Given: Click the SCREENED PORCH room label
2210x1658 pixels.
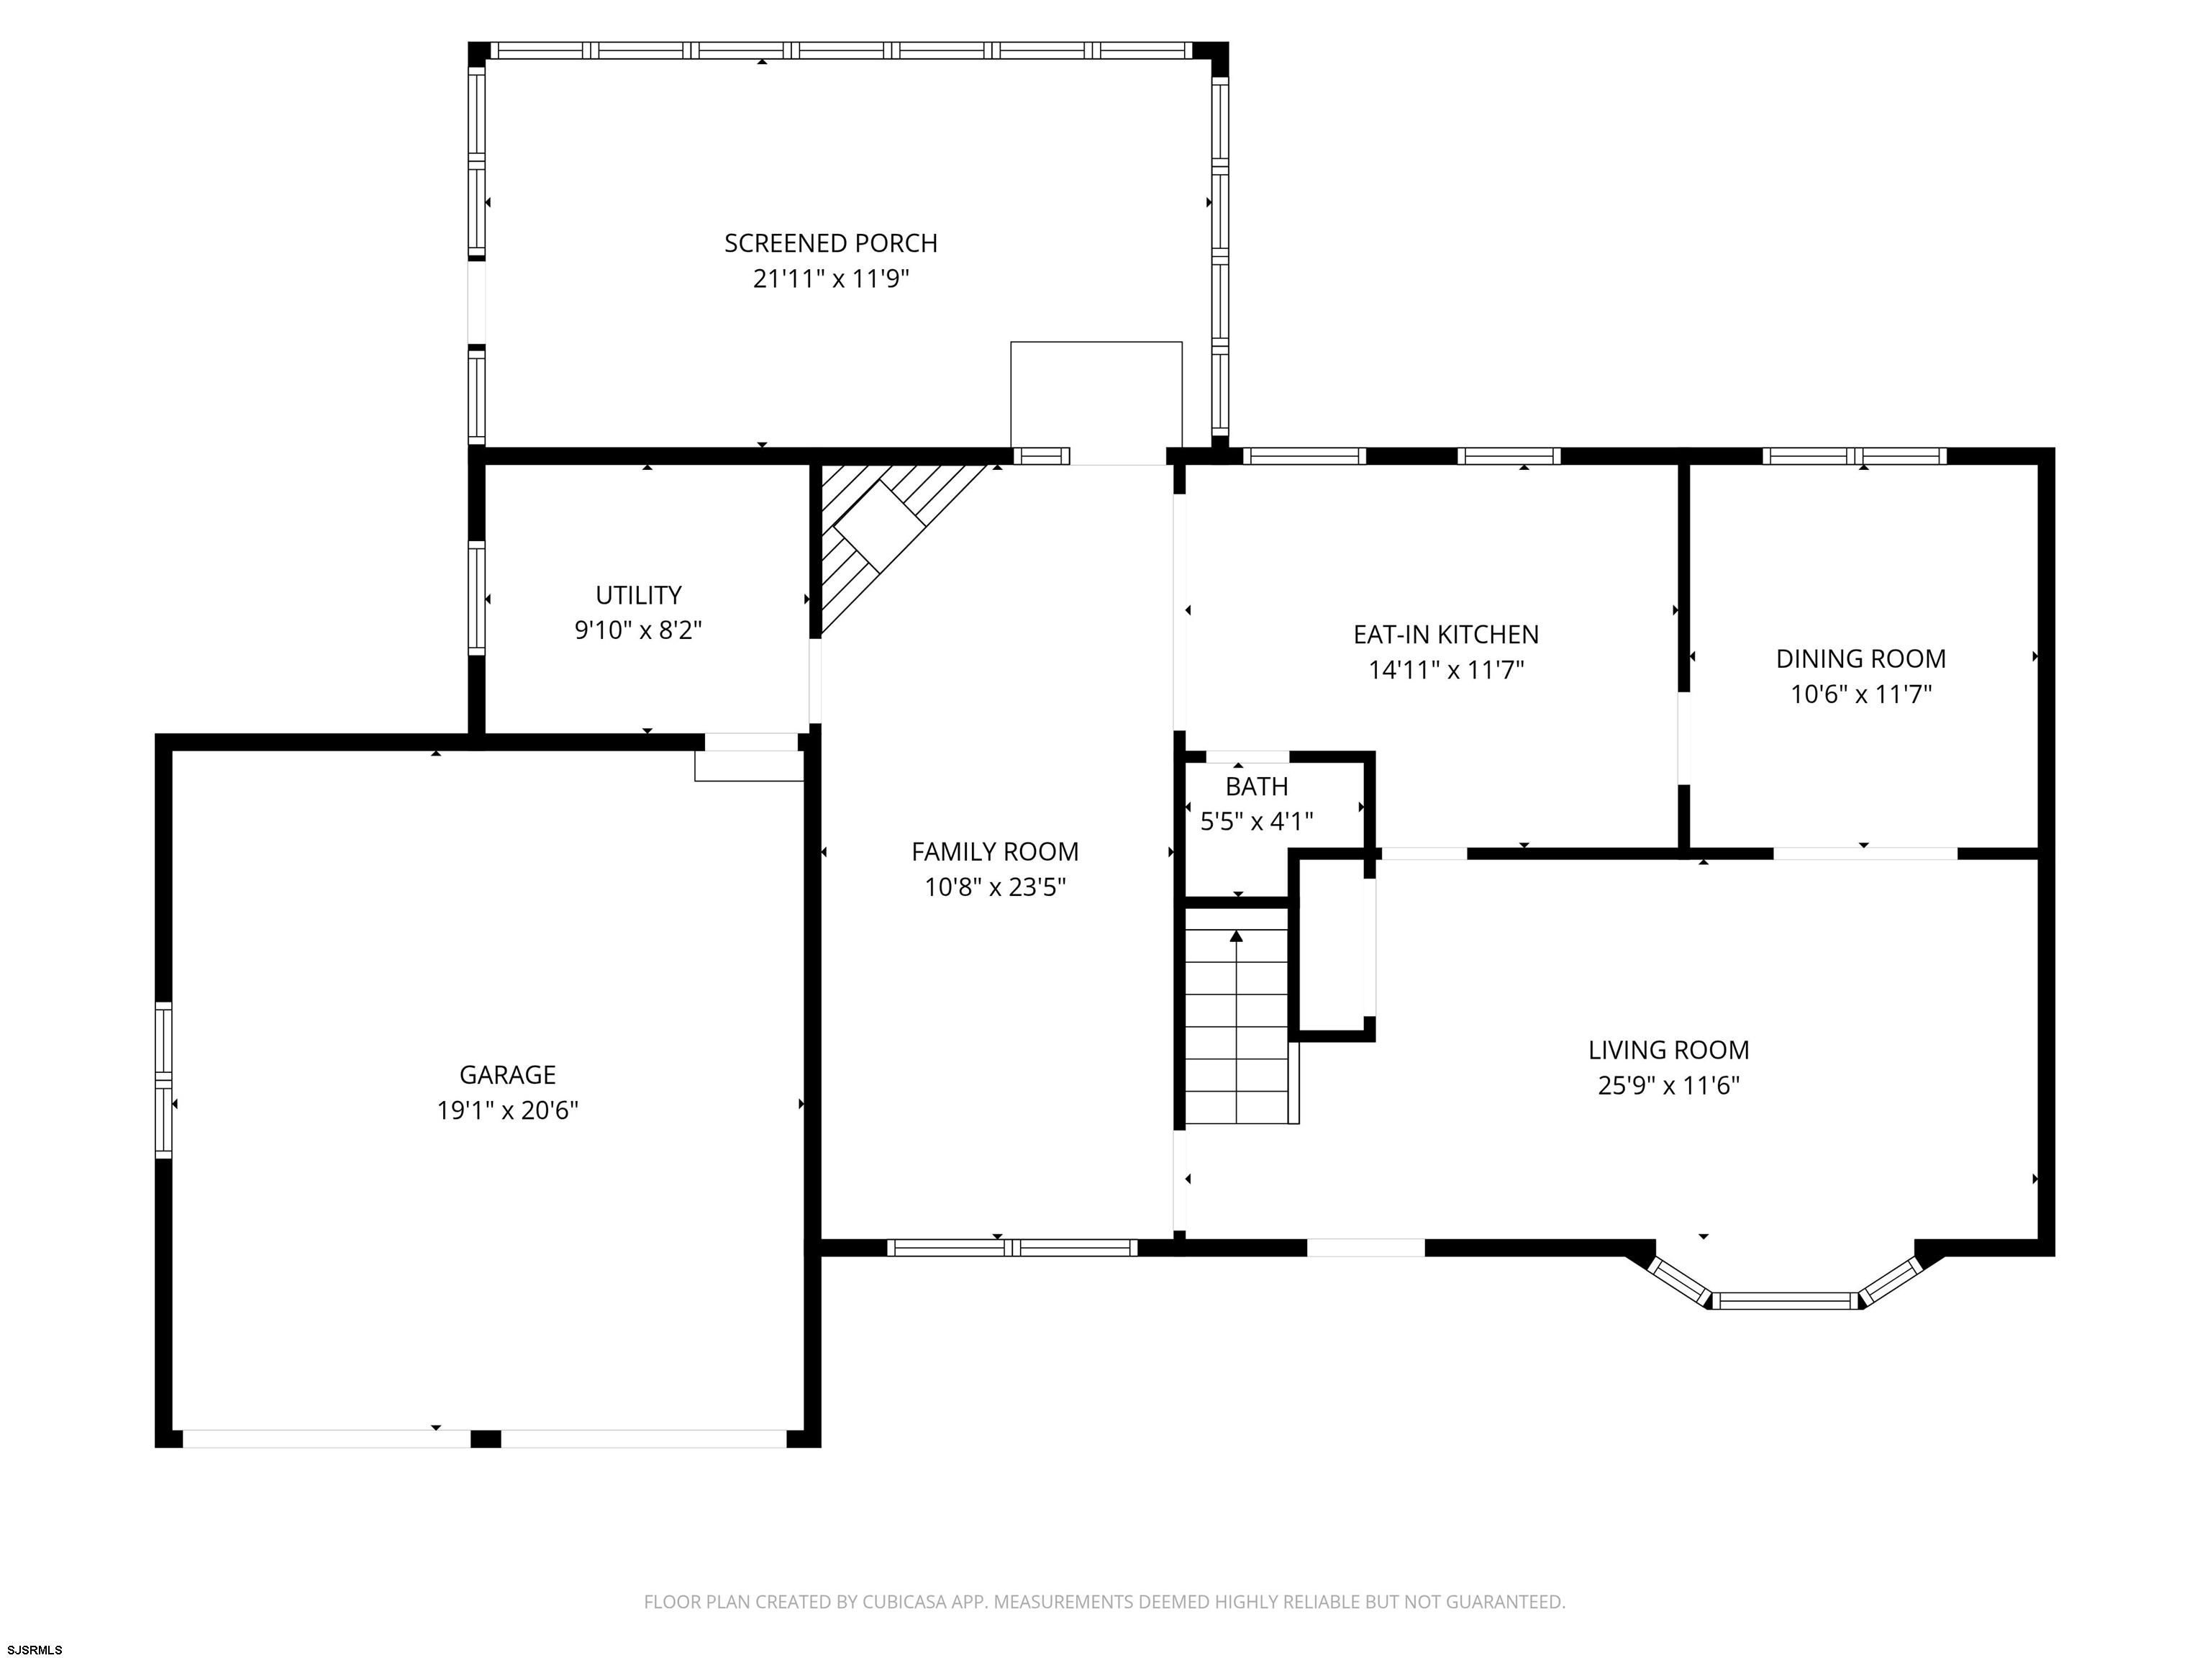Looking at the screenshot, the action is pyautogui.click(x=830, y=243).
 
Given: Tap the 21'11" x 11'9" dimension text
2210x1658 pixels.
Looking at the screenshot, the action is pyautogui.click(x=830, y=278).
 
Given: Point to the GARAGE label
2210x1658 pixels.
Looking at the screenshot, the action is pyautogui.click(x=508, y=1074).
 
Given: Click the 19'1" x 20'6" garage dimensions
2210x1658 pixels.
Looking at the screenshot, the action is pyautogui.click(x=508, y=1110).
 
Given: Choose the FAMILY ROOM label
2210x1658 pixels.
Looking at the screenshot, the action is pyautogui.click(x=995, y=851).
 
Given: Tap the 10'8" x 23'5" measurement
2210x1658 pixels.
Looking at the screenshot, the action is pyautogui.click(x=995, y=887).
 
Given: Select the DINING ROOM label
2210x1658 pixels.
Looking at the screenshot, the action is pyautogui.click(x=1860, y=658).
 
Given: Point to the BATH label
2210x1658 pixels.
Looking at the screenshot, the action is pyautogui.click(x=1257, y=787).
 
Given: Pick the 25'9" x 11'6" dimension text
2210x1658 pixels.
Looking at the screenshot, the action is pyautogui.click(x=1668, y=1085).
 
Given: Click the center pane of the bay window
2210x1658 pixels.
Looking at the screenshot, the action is pyautogui.click(x=1786, y=1300).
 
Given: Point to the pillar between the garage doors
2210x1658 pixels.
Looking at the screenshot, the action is pyautogui.click(x=486, y=1438).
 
